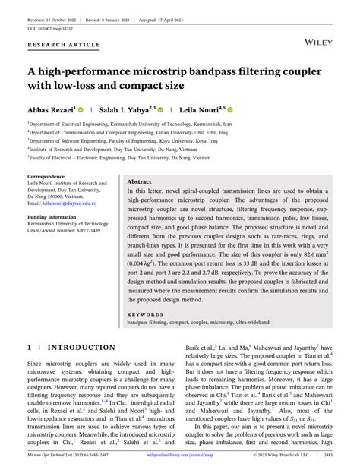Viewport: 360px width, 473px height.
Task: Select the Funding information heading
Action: (x=53, y=217)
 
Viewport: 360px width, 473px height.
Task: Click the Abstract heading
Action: (x=139, y=183)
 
